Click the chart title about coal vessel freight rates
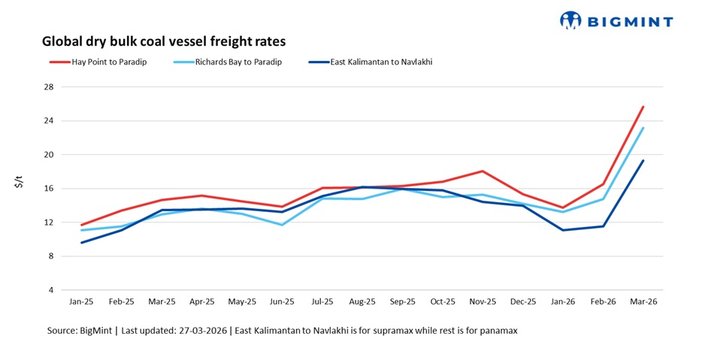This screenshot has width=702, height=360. pyautogui.click(x=164, y=41)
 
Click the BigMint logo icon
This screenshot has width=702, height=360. pyautogui.click(x=571, y=20)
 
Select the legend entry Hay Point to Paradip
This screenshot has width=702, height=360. pyautogui.click(x=108, y=62)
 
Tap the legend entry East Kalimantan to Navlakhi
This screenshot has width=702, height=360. pyautogui.click(x=381, y=62)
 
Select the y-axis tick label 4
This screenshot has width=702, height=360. pyautogui.click(x=51, y=290)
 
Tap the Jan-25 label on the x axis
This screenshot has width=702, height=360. pyautogui.click(x=81, y=301)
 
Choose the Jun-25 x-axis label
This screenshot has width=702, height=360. pyautogui.click(x=282, y=301)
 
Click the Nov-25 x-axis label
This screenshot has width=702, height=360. pyautogui.click(x=483, y=301)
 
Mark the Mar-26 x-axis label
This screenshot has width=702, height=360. pyautogui.click(x=643, y=301)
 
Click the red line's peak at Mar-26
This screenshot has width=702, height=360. pyautogui.click(x=643, y=107)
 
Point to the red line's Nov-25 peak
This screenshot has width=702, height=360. pyautogui.click(x=483, y=171)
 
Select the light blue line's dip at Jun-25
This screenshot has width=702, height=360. pyautogui.click(x=282, y=225)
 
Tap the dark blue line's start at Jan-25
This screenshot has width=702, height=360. pyautogui.click(x=81, y=242)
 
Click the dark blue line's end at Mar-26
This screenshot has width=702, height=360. pyautogui.click(x=643, y=161)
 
